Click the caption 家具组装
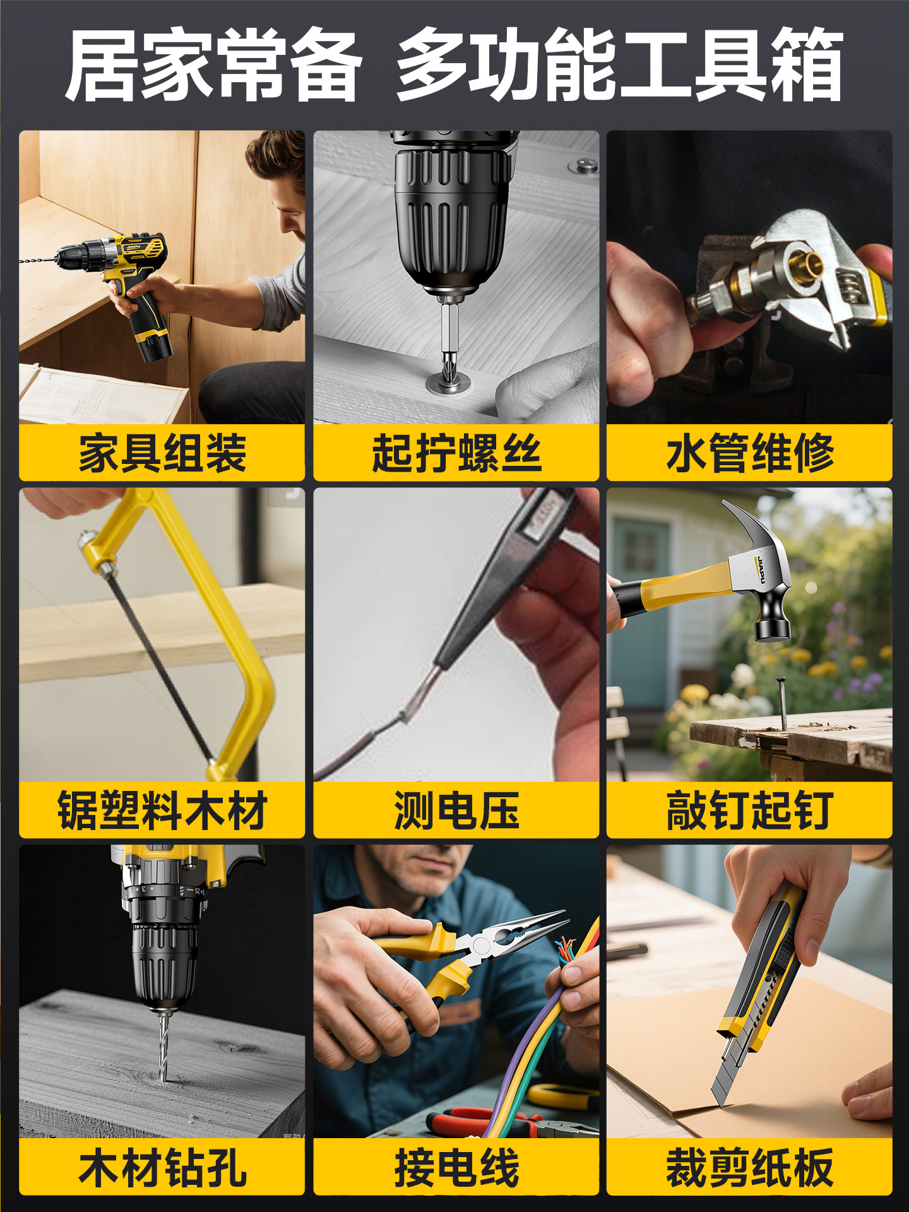click(162, 453)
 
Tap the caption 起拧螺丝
click(456, 453)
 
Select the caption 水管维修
click(750, 453)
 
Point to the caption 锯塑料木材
click(162, 810)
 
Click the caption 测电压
click(456, 810)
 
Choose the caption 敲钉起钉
click(750, 810)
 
